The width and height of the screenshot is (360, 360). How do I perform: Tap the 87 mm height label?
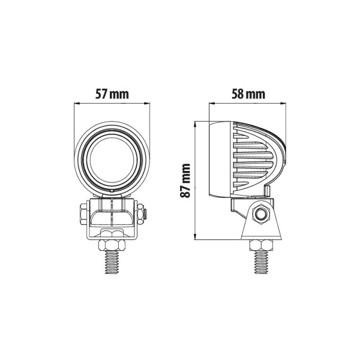pos(186,181)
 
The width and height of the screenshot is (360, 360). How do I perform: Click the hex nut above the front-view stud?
pos(112,245)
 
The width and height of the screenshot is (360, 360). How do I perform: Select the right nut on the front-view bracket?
pos(141,213)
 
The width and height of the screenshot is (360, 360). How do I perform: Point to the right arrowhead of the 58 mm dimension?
pos(284,103)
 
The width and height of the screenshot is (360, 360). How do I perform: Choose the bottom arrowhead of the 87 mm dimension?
pos(196,237)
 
